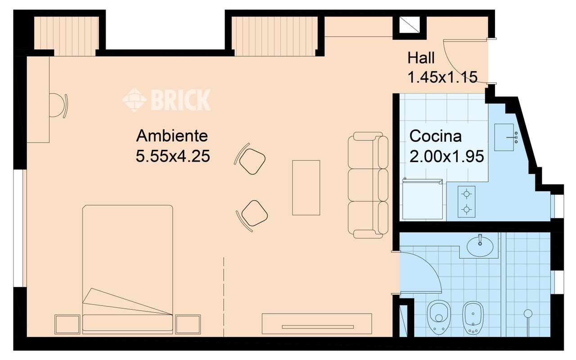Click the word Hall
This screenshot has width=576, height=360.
click(421, 58)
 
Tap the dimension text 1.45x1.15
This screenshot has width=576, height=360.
click(442, 77)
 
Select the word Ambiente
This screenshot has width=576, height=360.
click(172, 135)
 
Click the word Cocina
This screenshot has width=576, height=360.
click(436, 135)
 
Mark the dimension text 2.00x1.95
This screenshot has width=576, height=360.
click(446, 156)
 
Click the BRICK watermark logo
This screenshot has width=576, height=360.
click(166, 99)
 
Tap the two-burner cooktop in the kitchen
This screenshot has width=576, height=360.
click(467, 202)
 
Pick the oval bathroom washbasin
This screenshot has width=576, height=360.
click(480, 246)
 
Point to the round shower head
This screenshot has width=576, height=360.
click(528, 313)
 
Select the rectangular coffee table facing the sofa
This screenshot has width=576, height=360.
click(306, 188)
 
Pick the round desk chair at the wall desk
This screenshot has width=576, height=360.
click(58, 105)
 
